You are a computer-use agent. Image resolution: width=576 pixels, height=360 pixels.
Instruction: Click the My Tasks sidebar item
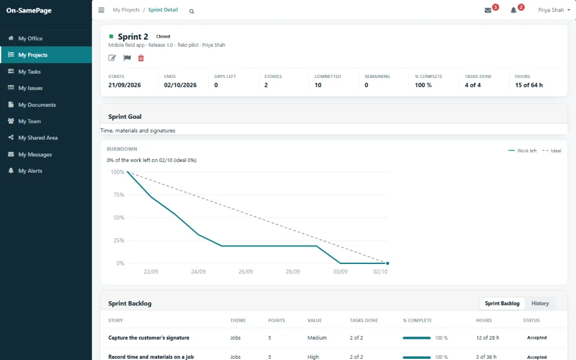tap(29, 71)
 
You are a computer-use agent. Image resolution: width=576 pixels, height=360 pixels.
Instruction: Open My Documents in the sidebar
tap(37, 104)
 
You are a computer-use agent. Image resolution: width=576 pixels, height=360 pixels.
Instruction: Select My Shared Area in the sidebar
tap(38, 138)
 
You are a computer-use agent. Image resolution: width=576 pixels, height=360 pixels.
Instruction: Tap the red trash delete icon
tap(140, 58)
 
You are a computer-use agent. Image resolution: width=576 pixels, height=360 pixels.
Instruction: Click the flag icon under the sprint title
tap(127, 58)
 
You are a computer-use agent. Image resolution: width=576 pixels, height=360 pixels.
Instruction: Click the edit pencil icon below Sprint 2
tap(112, 58)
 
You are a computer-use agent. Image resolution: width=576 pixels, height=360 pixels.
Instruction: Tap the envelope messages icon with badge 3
tap(488, 10)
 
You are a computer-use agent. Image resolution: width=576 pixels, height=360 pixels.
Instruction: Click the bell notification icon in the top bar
tap(513, 10)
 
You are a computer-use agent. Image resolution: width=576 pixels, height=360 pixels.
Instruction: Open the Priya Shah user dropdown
tap(554, 10)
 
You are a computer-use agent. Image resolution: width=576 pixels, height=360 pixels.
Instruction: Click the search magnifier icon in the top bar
tap(191, 11)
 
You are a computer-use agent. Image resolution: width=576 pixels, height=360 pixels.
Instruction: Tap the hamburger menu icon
tap(101, 10)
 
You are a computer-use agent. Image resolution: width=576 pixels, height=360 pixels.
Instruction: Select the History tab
tap(540, 304)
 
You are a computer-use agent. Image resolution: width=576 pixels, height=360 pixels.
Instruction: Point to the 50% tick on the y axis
tap(119, 217)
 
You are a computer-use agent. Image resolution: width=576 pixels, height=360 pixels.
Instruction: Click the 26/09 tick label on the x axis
tap(245, 271)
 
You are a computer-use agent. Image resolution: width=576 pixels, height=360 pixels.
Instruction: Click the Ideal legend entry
tap(551, 151)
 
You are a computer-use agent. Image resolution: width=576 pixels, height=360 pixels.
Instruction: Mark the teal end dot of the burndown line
tap(387, 263)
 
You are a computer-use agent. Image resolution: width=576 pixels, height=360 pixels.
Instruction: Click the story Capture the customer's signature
tap(149, 338)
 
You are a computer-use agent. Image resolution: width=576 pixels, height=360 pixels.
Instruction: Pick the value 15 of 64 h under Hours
tap(529, 85)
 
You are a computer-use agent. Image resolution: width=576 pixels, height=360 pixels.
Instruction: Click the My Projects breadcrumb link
tap(127, 10)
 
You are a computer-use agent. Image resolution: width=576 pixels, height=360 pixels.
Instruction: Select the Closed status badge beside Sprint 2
tap(163, 37)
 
